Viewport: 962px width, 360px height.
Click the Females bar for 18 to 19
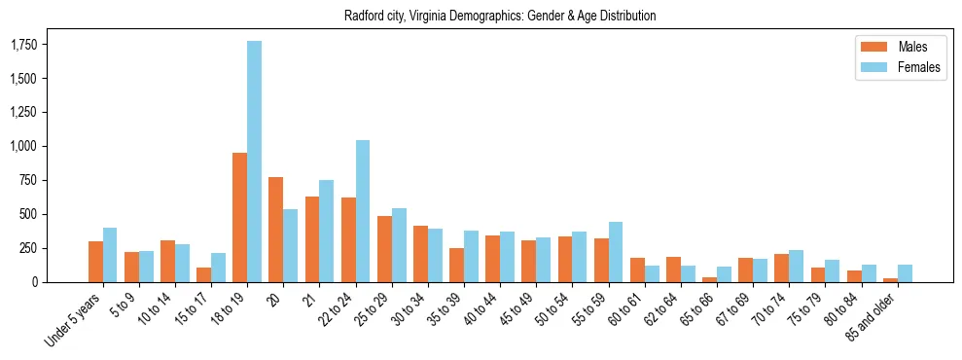(254, 162)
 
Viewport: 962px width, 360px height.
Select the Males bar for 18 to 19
(239, 217)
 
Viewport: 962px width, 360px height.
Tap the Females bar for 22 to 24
(363, 211)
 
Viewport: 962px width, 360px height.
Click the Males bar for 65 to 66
(709, 279)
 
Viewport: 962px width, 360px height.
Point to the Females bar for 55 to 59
(616, 252)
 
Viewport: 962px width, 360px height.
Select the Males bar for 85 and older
(890, 279)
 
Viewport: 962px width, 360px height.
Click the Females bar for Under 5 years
(110, 255)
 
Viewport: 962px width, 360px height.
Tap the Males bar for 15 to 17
(203, 274)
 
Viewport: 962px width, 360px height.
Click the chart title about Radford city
(500, 16)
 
